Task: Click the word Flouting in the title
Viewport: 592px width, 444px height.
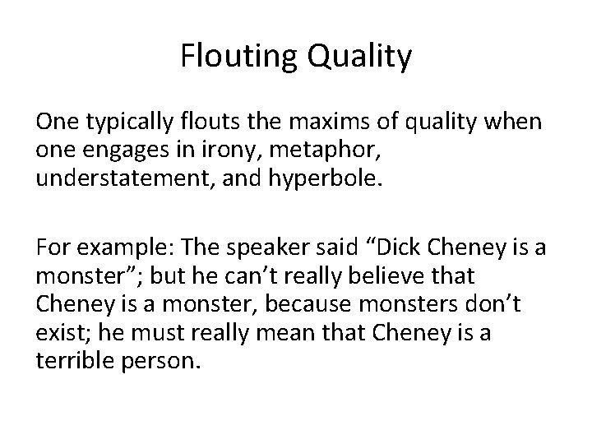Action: tap(229, 57)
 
